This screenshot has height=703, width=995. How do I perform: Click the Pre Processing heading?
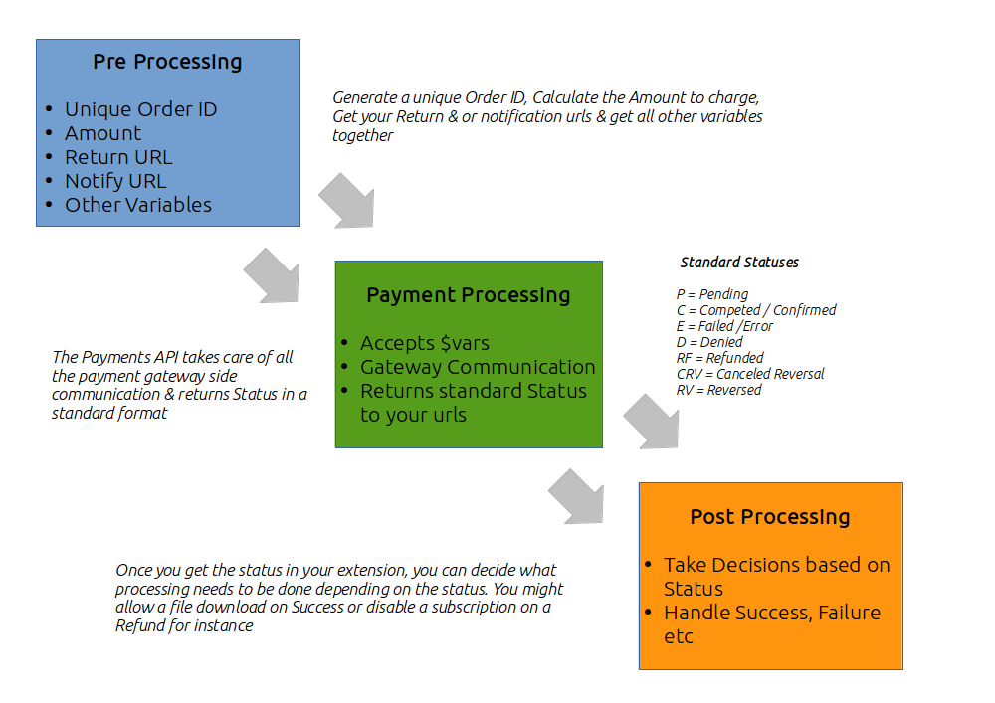(167, 62)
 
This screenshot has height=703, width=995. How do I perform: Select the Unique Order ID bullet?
(140, 109)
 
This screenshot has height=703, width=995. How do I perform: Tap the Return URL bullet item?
(118, 157)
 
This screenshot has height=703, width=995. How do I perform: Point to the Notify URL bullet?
(115, 181)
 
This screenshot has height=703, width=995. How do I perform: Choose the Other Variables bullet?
(138, 205)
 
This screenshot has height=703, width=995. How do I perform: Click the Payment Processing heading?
(468, 295)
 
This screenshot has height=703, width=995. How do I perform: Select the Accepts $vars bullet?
(425, 343)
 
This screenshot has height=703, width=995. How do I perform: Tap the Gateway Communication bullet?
(478, 367)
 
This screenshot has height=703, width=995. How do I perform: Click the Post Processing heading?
(770, 517)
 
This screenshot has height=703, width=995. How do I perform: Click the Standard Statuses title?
(739, 263)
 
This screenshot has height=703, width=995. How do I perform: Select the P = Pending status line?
(711, 294)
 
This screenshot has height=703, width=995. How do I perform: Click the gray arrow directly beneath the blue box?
(272, 274)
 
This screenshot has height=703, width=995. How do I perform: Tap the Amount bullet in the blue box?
(103, 133)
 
